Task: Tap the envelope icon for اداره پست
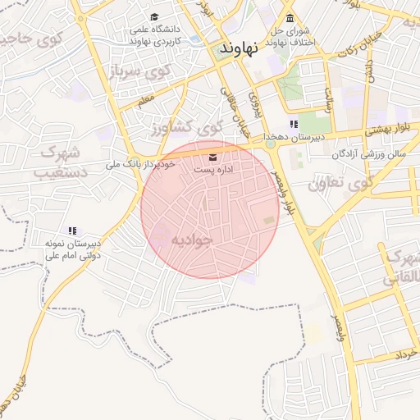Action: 213,157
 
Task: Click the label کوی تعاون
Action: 339,182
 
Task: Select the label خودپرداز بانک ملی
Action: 142,165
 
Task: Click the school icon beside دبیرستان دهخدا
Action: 294,125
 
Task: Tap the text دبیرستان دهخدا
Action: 294,138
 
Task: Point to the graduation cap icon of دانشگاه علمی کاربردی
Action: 155,17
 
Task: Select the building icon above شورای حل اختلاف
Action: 289,19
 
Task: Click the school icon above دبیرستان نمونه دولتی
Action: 72,231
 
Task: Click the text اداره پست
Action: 213,169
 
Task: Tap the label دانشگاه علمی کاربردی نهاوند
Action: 162,34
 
